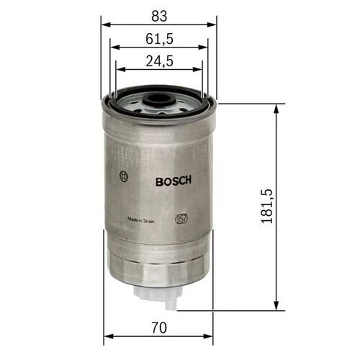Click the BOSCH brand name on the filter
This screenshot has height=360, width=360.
click(173, 181)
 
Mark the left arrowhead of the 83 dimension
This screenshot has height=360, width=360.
click(104, 23)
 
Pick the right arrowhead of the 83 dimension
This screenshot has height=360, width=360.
click(214, 23)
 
